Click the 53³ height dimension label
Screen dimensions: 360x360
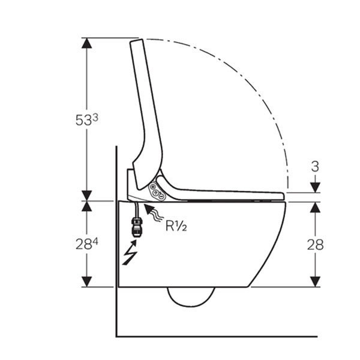87,120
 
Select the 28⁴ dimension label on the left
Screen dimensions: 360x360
87,244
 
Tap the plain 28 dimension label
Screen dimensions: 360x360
315,245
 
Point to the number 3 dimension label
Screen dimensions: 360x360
315,167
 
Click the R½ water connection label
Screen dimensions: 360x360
176,226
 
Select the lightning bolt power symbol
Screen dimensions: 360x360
130,253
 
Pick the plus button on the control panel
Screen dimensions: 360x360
152,187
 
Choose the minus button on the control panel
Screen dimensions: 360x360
161,197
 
